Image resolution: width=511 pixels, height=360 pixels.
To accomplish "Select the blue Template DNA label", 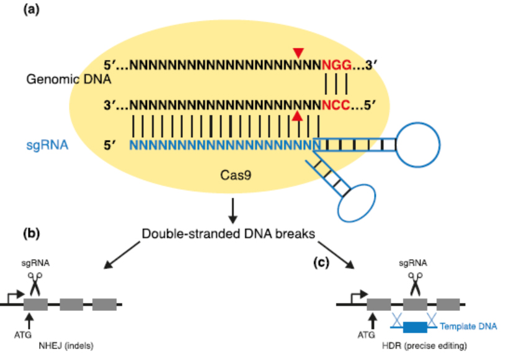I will [x=469, y=326].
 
